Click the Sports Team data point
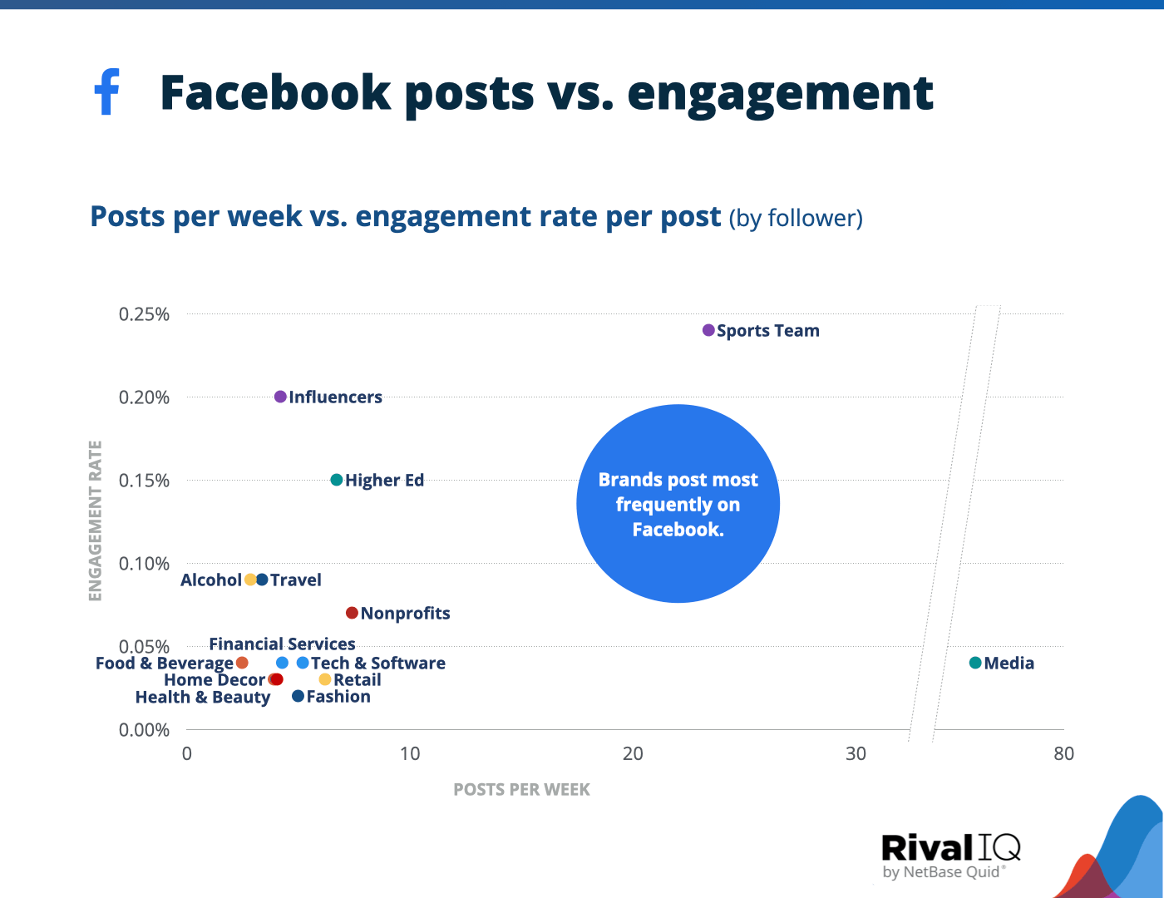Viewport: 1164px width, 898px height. point(708,330)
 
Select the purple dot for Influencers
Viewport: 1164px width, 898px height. point(280,397)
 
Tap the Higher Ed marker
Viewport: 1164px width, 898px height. point(337,480)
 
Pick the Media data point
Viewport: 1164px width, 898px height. point(975,663)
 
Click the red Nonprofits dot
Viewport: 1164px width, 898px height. point(352,613)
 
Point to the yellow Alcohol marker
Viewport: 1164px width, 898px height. point(250,580)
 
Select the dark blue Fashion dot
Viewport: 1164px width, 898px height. point(298,696)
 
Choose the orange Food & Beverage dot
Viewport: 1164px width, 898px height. point(242,663)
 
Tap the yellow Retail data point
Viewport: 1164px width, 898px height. point(325,679)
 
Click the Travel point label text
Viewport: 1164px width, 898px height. point(296,580)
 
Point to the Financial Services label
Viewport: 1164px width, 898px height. point(282,644)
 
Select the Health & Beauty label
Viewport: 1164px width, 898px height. point(203,697)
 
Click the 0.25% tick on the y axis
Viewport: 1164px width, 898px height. point(144,314)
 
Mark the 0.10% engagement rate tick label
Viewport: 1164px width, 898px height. point(144,564)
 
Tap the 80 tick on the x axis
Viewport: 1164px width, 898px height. point(1063,753)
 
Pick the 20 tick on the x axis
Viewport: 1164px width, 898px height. point(633,753)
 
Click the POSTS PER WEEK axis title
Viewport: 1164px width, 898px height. point(521,789)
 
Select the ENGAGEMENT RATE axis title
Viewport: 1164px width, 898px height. point(95,521)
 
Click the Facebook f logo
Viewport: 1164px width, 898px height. point(107,91)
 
